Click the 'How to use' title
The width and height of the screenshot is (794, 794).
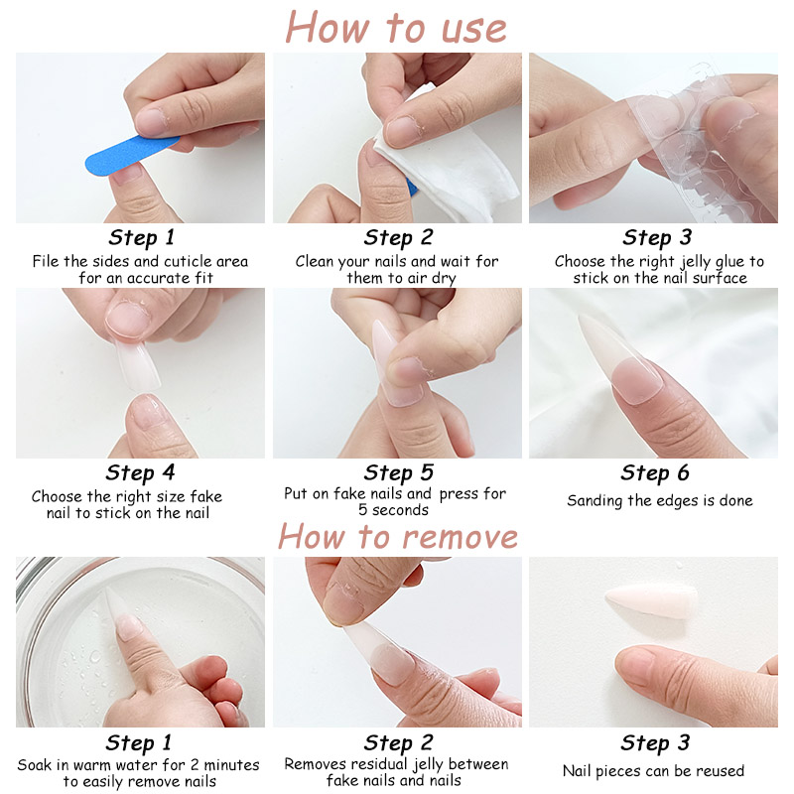tap(396, 27)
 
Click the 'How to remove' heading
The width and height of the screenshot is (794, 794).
tap(398, 536)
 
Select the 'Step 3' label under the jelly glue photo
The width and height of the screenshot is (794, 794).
tap(657, 237)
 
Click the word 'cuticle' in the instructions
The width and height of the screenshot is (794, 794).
tap(188, 261)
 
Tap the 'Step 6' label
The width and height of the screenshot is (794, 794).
tap(655, 473)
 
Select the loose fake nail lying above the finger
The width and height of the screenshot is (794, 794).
tap(651, 602)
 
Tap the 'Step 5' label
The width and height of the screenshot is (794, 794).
tap(399, 473)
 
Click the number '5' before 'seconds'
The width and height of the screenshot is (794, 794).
tap(362, 509)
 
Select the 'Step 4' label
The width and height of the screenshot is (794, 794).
tap(140, 473)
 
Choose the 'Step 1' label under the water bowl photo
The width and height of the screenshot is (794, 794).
tap(139, 743)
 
